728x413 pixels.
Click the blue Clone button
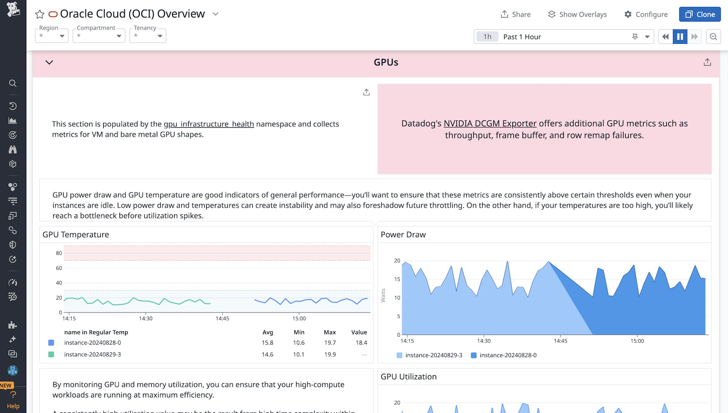(x=700, y=14)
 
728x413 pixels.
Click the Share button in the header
(x=515, y=14)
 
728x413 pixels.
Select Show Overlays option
(x=577, y=14)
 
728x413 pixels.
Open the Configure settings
(x=646, y=14)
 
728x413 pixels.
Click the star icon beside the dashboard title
(x=40, y=14)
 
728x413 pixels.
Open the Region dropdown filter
(x=52, y=36)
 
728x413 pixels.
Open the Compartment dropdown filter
(x=99, y=36)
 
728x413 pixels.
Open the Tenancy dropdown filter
(x=148, y=36)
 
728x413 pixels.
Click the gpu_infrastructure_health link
(x=208, y=124)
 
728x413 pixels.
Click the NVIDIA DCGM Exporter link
(x=490, y=123)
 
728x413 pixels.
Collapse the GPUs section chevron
(x=49, y=62)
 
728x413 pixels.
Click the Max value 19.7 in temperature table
(x=330, y=343)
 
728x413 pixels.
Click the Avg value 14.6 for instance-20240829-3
(x=267, y=355)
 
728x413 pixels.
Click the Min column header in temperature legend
(x=299, y=332)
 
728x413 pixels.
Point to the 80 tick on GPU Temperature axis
(x=59, y=253)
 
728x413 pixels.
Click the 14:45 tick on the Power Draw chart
(x=560, y=341)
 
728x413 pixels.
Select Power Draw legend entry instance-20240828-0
(x=508, y=355)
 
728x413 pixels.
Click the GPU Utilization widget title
(x=408, y=376)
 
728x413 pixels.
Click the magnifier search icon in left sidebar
(x=13, y=83)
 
